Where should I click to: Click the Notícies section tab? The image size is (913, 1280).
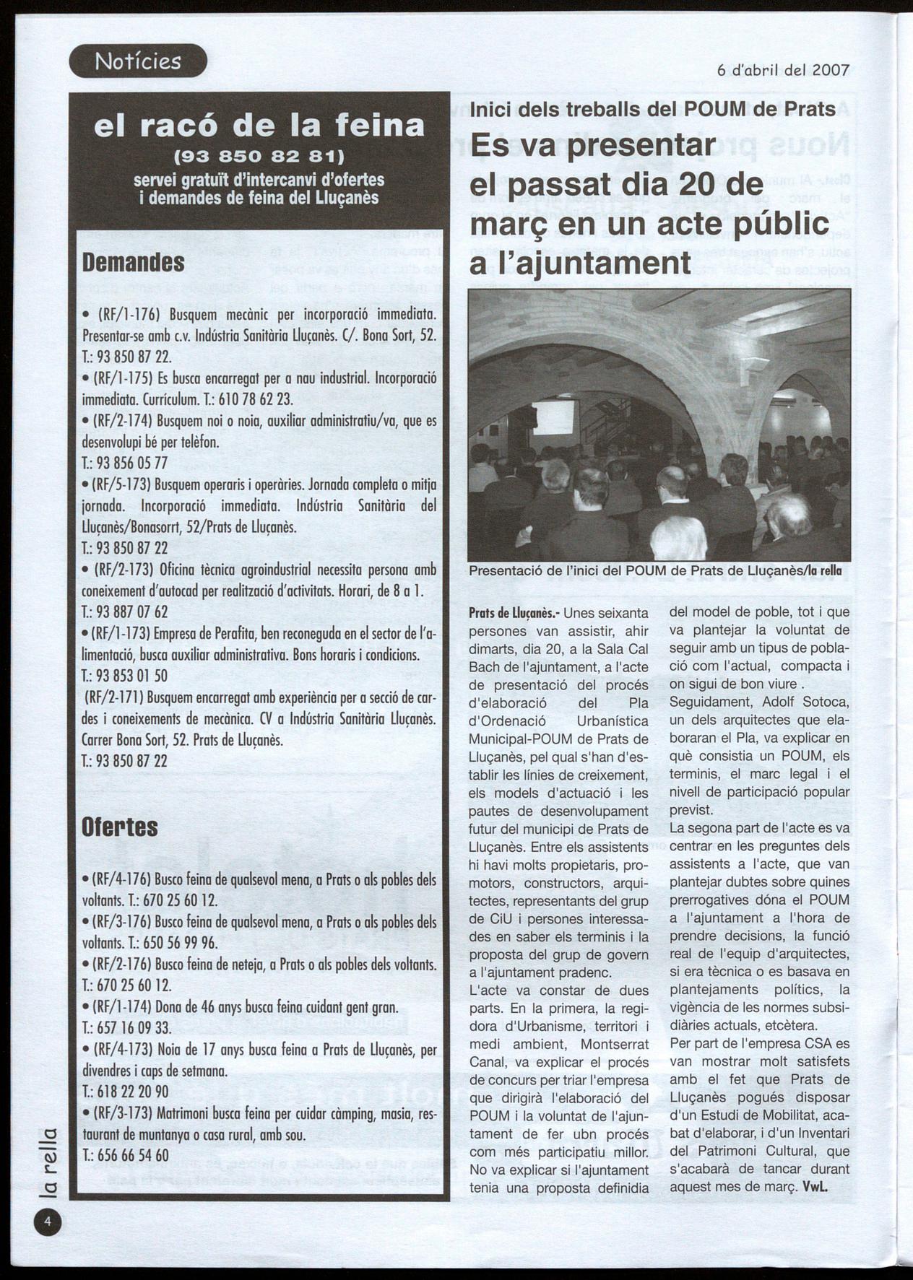(x=138, y=61)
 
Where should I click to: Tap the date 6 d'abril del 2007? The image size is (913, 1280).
(x=783, y=70)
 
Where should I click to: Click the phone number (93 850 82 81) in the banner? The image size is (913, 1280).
(x=259, y=156)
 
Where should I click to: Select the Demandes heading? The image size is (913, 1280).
(x=134, y=262)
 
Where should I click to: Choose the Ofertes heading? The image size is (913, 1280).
(x=120, y=827)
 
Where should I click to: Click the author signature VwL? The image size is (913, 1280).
(x=815, y=1187)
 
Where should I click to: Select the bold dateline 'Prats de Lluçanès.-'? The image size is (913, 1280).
(x=514, y=614)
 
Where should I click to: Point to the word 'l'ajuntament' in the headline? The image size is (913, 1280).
(x=580, y=263)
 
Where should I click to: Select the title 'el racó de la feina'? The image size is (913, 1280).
(x=259, y=126)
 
